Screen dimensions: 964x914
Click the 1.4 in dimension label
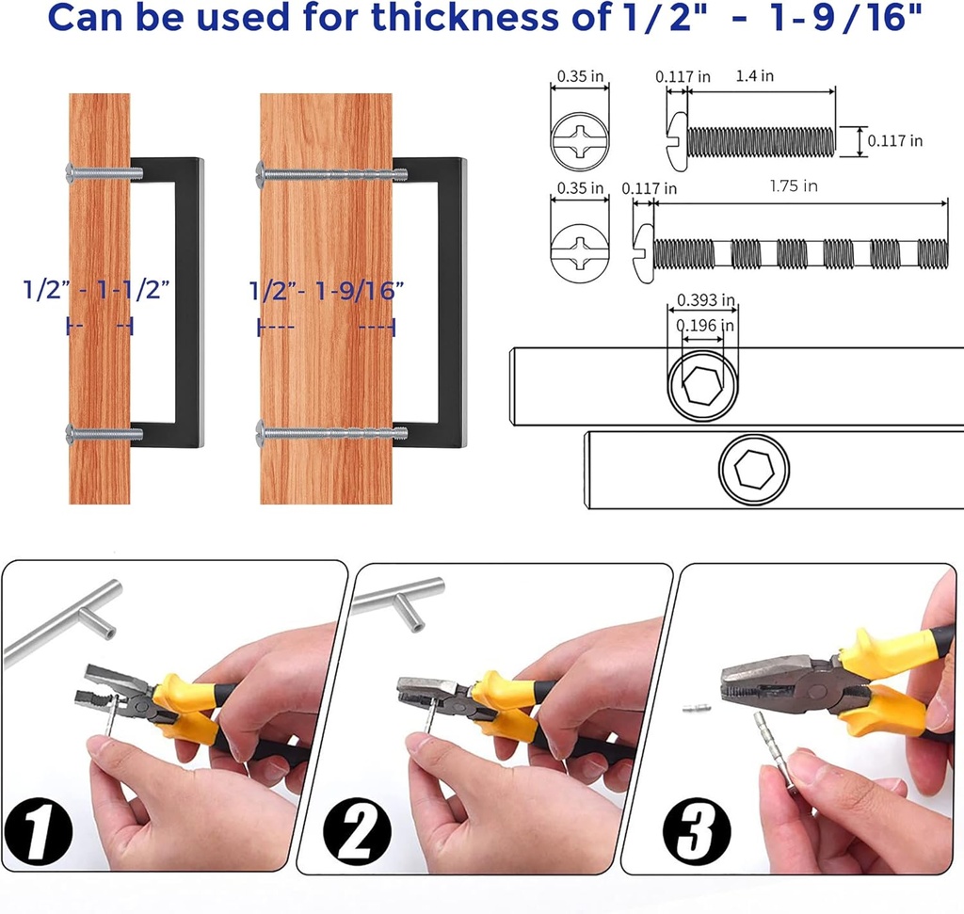[754, 75]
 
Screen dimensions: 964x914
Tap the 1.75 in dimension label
[793, 185]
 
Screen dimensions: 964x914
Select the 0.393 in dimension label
[705, 300]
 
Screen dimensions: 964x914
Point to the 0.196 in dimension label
[704, 325]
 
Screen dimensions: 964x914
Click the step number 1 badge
[38, 831]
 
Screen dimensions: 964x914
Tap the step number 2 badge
[357, 830]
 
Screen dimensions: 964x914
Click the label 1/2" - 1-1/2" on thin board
[96, 289]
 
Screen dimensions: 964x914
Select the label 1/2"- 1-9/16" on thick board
[327, 290]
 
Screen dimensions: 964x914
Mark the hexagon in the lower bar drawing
[754, 469]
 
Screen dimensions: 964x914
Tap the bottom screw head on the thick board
[261, 434]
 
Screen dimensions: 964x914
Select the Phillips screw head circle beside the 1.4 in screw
[580, 141]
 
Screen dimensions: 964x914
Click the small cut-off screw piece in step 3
[697, 709]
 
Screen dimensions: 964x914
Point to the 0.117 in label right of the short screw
[894, 141]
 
